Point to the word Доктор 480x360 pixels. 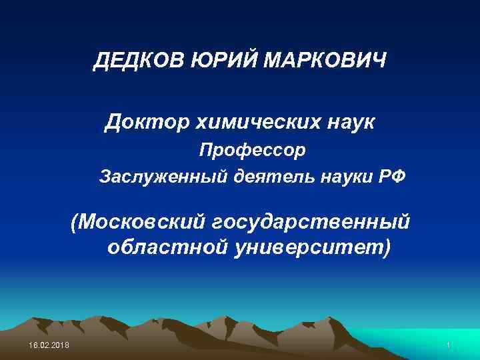tap(141, 122)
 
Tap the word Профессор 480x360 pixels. tap(253, 150)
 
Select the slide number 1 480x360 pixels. tap(449, 345)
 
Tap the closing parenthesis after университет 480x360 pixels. tap(388, 247)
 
